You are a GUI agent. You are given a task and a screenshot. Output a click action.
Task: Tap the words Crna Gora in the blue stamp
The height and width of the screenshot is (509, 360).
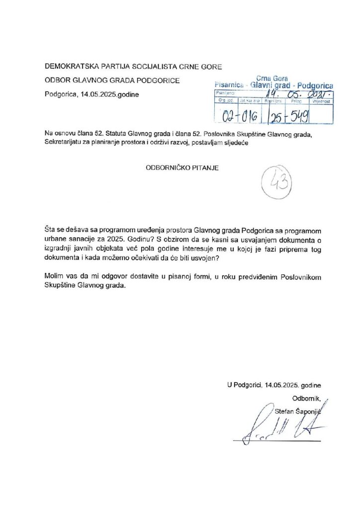tap(273, 79)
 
